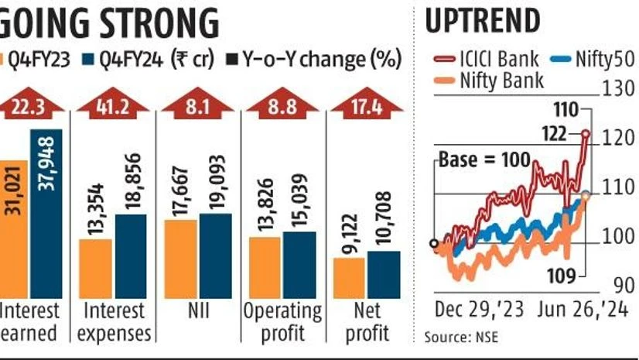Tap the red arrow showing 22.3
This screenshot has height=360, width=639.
click(x=29, y=106)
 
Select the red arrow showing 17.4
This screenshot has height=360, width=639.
click(x=367, y=106)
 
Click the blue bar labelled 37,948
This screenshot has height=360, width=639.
click(x=47, y=213)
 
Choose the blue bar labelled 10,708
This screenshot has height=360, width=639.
click(x=384, y=274)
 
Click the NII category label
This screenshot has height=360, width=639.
click(x=198, y=312)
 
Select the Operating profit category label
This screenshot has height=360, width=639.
click(x=282, y=322)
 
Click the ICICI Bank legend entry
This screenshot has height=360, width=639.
click(x=483, y=58)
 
